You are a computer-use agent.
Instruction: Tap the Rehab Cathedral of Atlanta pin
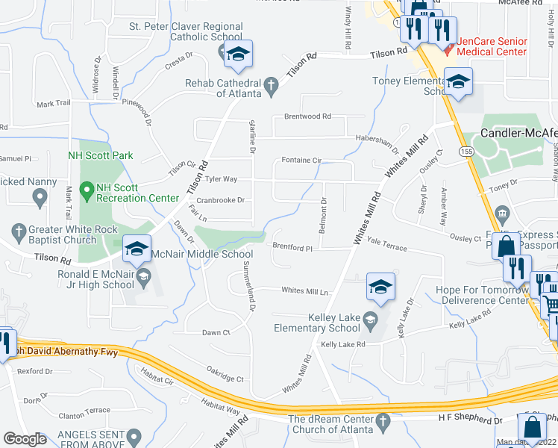click(272, 87)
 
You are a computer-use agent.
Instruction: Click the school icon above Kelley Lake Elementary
click(380, 288)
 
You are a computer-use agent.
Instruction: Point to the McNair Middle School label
click(202, 254)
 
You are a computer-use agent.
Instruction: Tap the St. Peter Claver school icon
click(238, 55)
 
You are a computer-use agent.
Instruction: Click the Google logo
click(25, 439)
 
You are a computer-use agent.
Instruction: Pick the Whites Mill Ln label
click(304, 291)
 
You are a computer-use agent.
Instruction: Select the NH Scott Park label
click(99, 155)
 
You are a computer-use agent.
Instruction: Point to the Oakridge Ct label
click(225, 379)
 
